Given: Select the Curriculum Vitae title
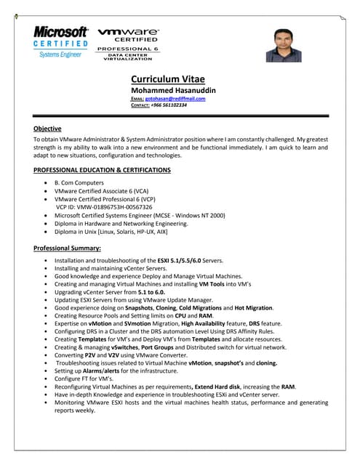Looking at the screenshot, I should point(167,79).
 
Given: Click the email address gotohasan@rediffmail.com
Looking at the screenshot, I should point(175,99).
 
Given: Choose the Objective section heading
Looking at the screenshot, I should point(48,129).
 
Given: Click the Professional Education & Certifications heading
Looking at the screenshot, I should point(103,170).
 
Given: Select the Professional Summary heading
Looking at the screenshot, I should point(68,248).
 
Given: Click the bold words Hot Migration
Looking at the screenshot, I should point(255,307).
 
